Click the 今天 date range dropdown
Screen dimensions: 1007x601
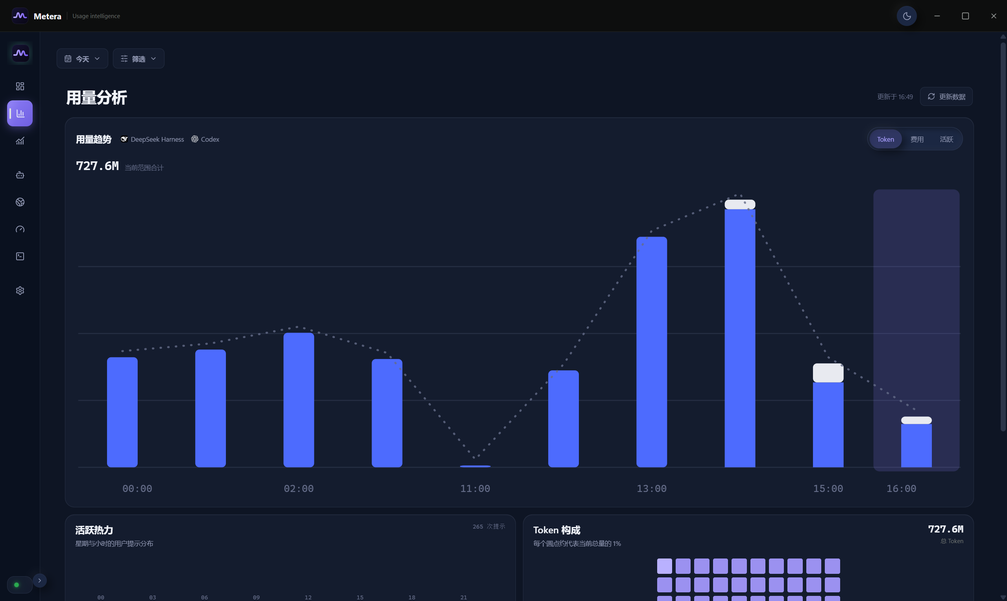click(82, 59)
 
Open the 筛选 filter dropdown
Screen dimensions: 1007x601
click(139, 59)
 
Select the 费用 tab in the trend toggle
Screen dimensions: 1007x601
click(917, 139)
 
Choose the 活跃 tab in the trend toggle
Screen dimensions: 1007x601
click(946, 139)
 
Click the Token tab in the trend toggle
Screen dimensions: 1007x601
click(885, 139)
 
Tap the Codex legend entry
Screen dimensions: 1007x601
click(205, 139)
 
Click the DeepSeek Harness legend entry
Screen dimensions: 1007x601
click(152, 139)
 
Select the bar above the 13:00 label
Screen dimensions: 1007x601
click(652, 352)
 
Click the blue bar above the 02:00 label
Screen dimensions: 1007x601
click(299, 400)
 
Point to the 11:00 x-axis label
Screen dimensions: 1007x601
click(475, 489)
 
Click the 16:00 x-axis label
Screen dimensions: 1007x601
click(901, 489)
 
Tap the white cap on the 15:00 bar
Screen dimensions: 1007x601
click(828, 373)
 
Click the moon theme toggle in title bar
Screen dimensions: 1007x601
click(907, 16)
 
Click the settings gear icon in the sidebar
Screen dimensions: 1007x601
click(20, 291)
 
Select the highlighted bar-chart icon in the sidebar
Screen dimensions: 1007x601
click(20, 113)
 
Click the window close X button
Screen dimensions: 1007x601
click(994, 16)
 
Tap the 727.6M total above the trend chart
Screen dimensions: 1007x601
click(98, 166)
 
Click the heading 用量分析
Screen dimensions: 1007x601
click(97, 98)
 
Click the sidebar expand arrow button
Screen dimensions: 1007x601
click(40, 581)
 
